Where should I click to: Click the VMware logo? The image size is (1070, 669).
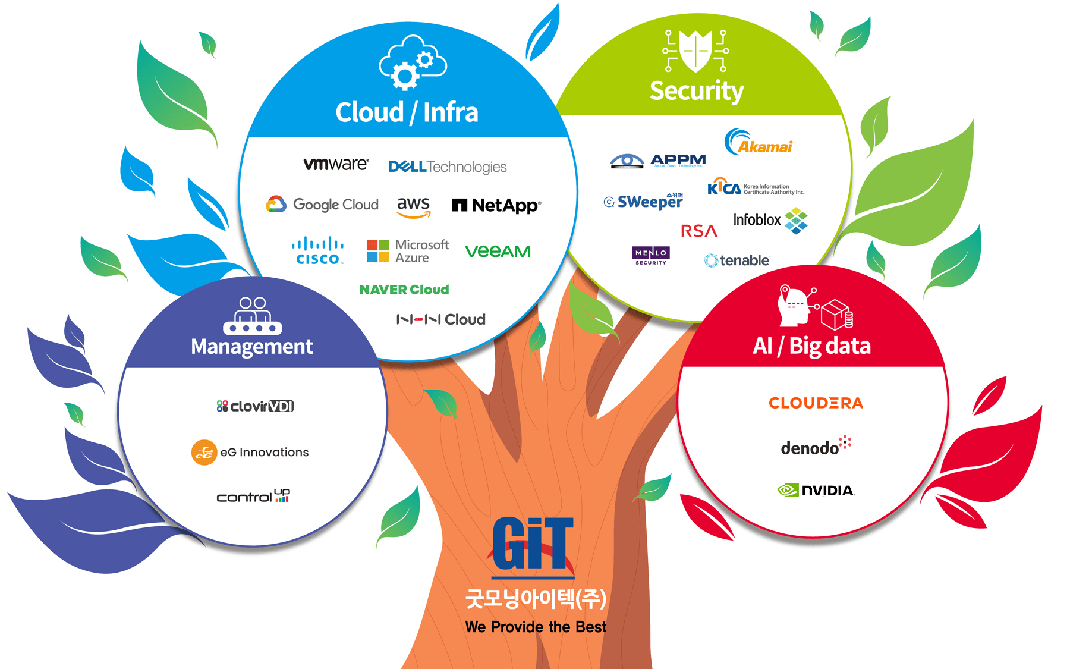coord(336,164)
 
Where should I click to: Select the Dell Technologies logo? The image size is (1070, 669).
coord(447,167)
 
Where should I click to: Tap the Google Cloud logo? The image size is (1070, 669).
coord(322,204)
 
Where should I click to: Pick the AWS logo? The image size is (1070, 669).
coord(413,206)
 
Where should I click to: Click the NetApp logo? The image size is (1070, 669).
coord(496,205)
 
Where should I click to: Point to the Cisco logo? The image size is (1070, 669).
coord(317,251)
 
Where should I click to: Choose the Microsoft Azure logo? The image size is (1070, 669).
coord(408,251)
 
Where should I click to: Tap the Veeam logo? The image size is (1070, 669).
coord(498,252)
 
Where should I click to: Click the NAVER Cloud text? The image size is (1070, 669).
coord(404,290)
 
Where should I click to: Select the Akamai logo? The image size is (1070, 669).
coord(759,143)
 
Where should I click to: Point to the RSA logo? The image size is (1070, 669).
coord(699,231)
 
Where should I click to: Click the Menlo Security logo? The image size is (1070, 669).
coord(651,255)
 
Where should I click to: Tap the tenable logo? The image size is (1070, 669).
coord(737,260)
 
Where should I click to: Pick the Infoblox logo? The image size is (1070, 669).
coord(770,220)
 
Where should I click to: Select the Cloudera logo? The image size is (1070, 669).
coord(816,403)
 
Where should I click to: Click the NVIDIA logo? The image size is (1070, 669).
coord(816,490)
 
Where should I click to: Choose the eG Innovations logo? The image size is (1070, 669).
coord(250,453)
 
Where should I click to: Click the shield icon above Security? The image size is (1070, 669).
coord(696,51)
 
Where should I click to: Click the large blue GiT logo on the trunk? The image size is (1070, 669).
coord(533,544)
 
